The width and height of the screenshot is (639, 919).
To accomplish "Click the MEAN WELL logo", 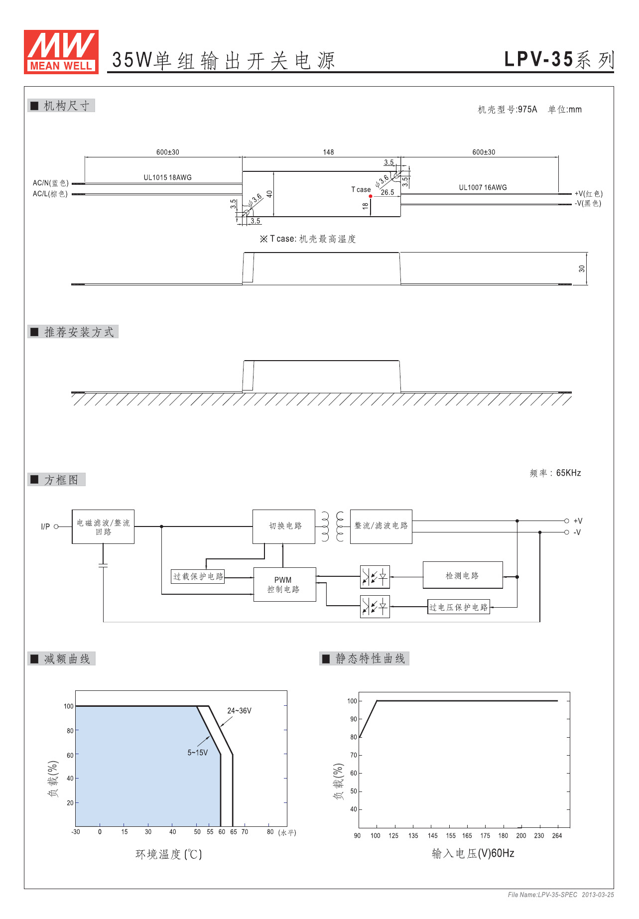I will tap(61, 52).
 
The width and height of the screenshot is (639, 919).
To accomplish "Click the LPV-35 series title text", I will tap(559, 60).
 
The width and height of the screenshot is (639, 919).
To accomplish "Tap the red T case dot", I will tap(371, 196).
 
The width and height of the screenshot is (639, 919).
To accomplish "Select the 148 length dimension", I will tap(328, 152).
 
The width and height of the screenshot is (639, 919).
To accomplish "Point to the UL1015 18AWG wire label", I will tap(167, 177).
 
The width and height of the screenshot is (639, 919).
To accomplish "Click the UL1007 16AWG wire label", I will tap(483, 187).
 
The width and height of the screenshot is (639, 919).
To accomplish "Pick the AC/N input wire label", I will tap(50, 183).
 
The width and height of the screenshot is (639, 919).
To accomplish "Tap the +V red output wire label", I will tap(588, 194).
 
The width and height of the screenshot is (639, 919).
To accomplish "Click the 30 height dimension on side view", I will tap(582, 268).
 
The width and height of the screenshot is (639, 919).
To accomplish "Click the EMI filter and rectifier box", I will tap(103, 526).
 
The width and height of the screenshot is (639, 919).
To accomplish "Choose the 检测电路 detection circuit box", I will tap(462, 575).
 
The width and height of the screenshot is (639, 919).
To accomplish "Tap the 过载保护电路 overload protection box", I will tap(198, 576).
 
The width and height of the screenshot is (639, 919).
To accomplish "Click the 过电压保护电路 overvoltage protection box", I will tap(458, 607).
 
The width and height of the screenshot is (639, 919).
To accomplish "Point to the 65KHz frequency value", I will tap(568, 473).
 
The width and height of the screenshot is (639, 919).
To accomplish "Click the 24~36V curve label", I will tap(239, 711).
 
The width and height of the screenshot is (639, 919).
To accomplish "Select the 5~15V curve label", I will tap(197, 753).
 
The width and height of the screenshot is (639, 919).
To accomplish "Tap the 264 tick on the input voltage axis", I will tap(557, 836).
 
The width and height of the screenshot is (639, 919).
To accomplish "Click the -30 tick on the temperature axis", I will tap(76, 832).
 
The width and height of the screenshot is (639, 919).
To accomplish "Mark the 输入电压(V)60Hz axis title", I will tap(473, 854).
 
